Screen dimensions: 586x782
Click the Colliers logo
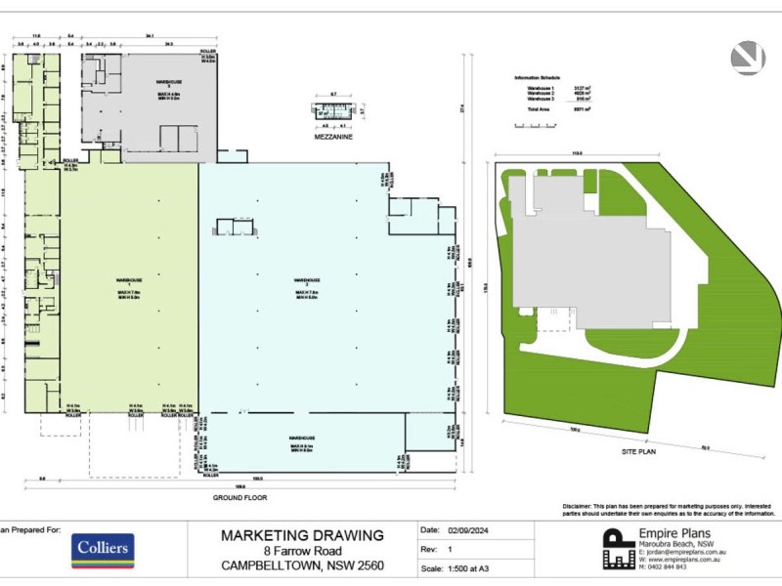(101, 550)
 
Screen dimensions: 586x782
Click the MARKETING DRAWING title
(302, 534)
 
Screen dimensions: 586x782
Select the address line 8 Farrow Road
(302, 550)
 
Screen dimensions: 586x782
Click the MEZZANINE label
(333, 138)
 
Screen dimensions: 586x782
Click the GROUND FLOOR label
(239, 497)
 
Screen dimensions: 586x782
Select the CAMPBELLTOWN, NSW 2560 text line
(302, 565)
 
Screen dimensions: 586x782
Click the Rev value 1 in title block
(452, 550)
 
